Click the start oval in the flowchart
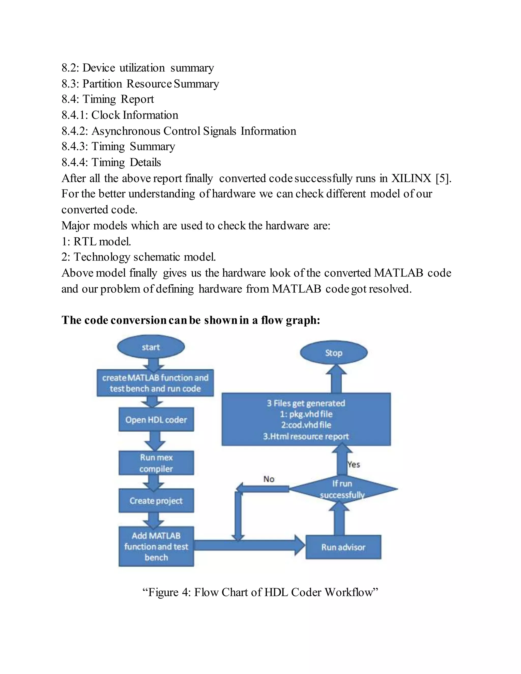click(151, 347)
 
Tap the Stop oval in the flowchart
click(334, 353)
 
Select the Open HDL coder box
click(156, 419)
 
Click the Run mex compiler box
click(156, 463)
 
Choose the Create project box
click(156, 500)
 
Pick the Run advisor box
click(343, 547)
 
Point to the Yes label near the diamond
click(354, 464)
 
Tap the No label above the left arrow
click(269, 479)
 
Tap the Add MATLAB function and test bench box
click(156, 547)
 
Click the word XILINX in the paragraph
click(411, 178)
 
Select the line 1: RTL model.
click(96, 241)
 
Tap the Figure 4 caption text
click(260, 592)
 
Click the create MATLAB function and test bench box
click(155, 383)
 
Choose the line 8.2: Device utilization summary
click(138, 68)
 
